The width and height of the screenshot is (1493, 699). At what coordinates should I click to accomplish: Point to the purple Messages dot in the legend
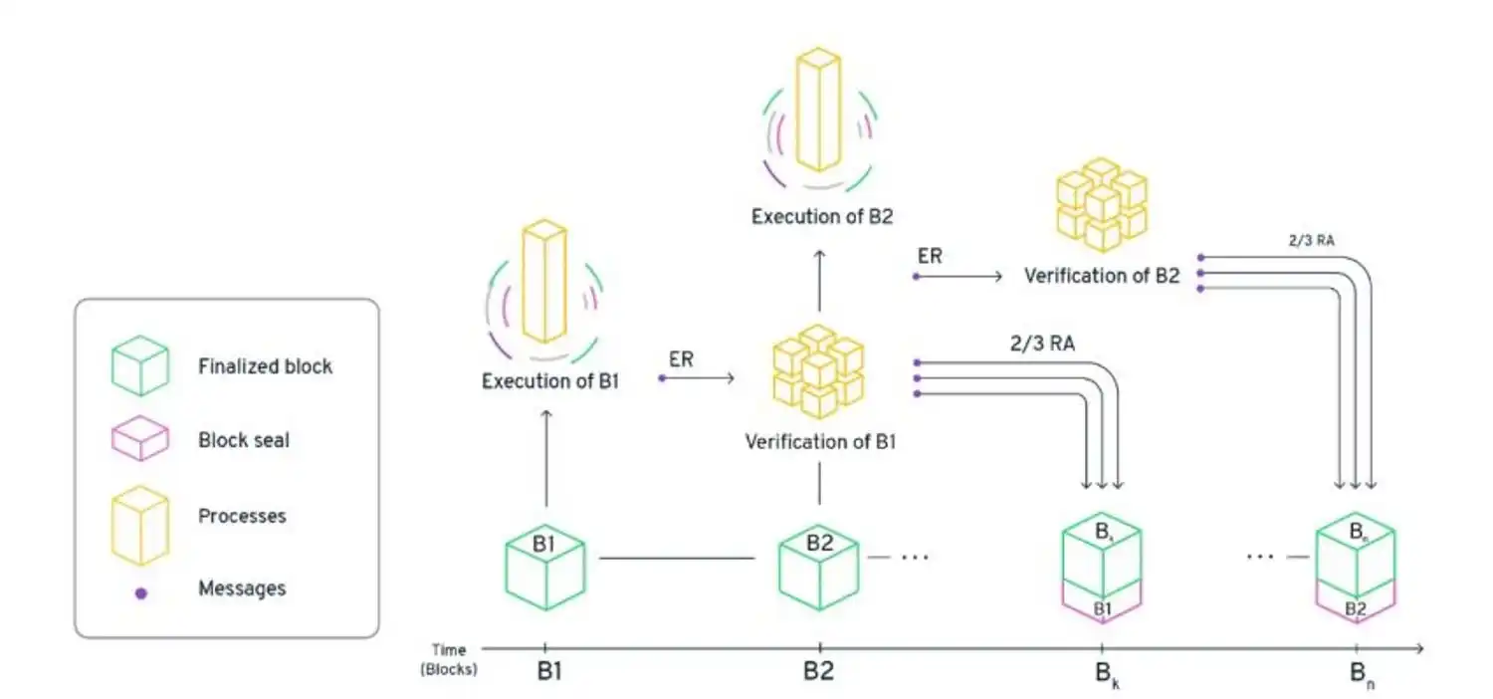141,592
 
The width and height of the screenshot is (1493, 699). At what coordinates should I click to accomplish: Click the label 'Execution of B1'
551,380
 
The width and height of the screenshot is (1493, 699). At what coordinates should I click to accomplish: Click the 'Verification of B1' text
820,441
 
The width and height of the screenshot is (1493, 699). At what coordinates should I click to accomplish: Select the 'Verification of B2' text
1102,276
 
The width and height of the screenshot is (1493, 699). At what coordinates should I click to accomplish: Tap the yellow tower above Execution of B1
544,285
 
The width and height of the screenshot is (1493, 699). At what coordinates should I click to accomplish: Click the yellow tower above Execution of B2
818,110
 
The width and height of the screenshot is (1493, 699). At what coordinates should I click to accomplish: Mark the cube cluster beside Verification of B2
1101,203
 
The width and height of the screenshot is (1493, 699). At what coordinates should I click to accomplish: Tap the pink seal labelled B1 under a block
1102,607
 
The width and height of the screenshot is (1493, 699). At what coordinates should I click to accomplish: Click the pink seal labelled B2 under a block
1356,607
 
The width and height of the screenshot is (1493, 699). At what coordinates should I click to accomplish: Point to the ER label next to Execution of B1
681,359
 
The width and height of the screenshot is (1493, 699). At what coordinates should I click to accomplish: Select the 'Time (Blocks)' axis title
448,659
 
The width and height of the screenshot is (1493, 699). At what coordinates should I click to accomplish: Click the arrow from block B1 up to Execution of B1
545,459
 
